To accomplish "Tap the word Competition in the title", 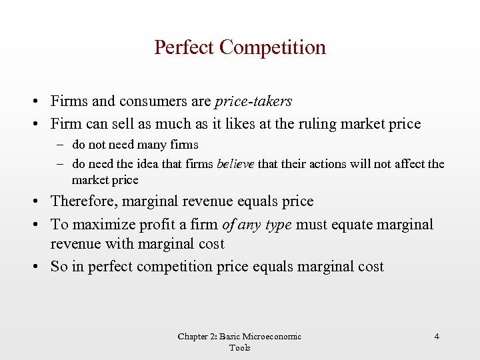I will (273, 48).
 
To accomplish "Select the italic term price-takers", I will (253, 102).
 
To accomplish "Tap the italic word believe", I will (236, 164).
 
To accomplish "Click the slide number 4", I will (437, 337).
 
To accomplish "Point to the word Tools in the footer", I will (239, 347).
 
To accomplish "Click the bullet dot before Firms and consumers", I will (33, 103).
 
